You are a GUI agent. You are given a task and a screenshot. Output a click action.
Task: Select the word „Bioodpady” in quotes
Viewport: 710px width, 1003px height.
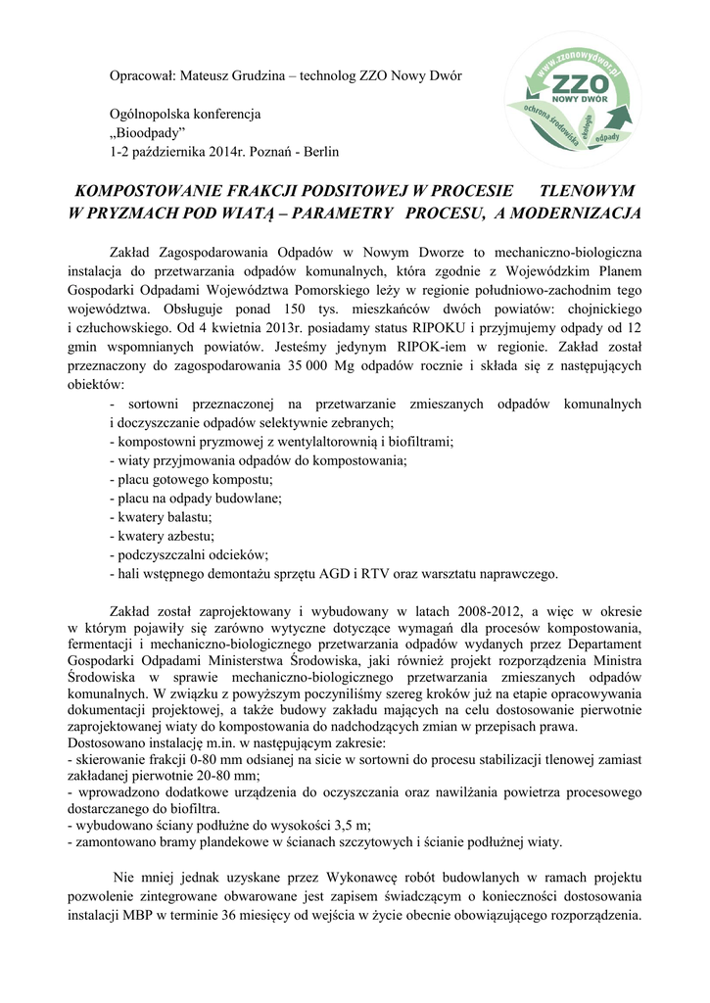(x=148, y=133)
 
